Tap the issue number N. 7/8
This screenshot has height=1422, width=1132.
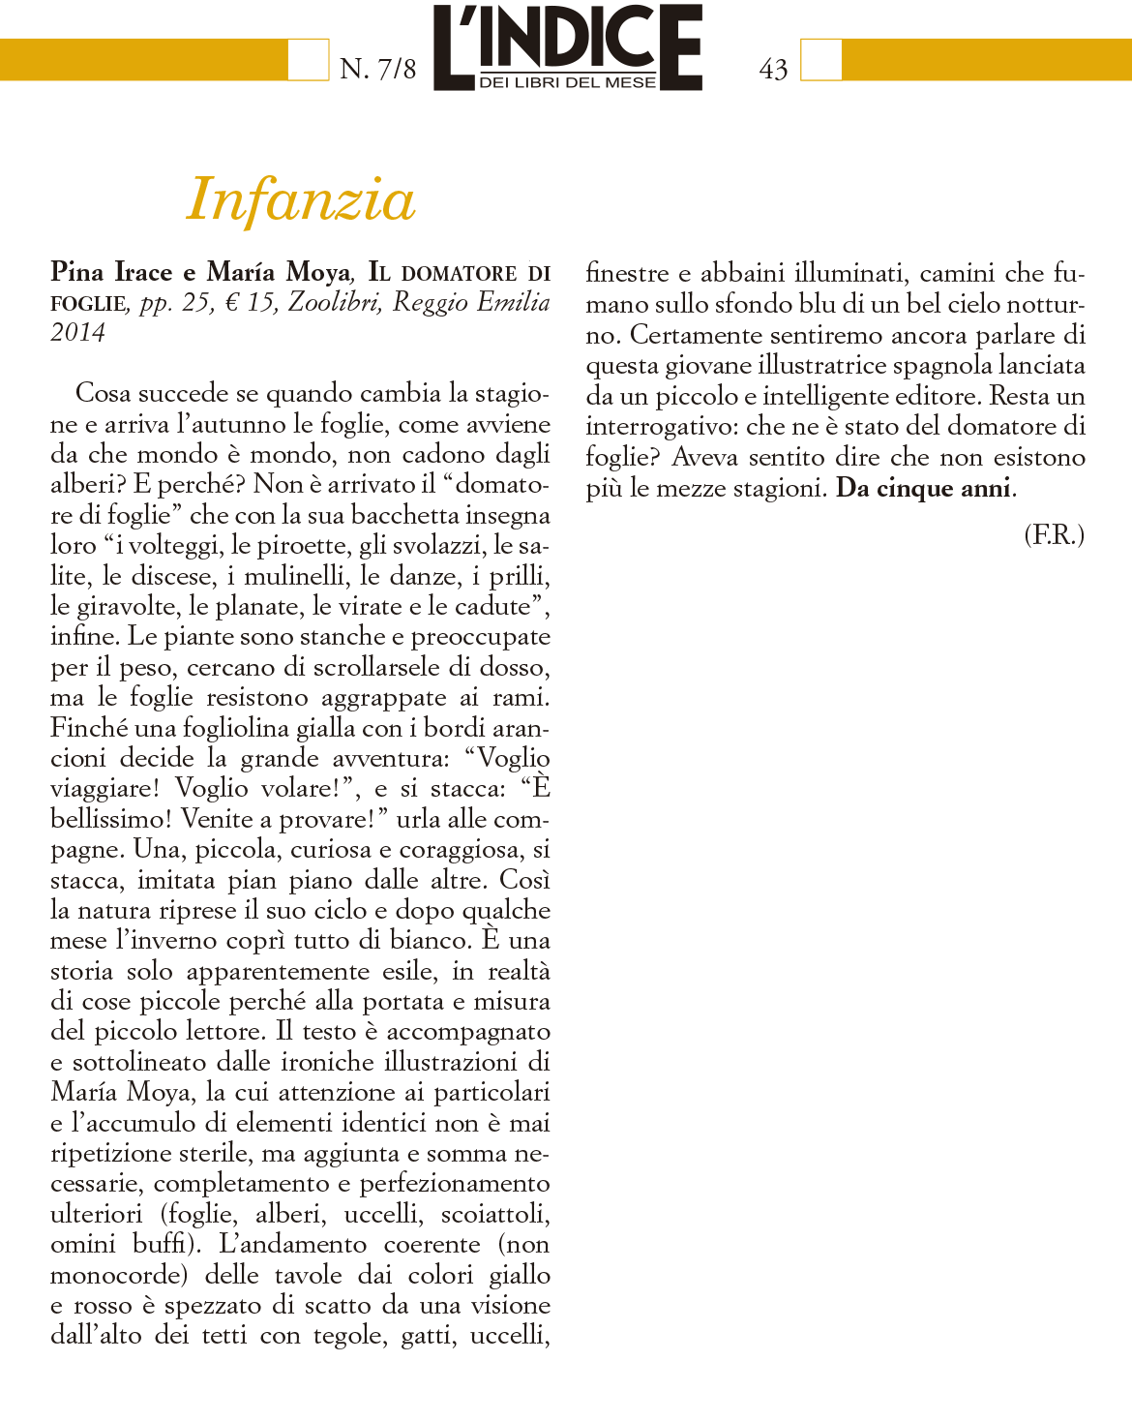[378, 69]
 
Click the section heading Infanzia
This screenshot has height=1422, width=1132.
[301, 199]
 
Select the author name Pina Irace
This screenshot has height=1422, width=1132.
[111, 272]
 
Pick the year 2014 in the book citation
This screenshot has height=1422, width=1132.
[77, 332]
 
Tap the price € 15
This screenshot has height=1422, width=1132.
[250, 302]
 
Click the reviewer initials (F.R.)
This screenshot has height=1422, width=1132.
[1054, 534]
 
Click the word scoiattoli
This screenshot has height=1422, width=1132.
[495, 1214]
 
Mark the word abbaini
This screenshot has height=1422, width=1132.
[742, 273]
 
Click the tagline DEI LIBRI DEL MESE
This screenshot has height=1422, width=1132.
[568, 83]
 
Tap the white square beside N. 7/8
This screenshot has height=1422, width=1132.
[309, 59]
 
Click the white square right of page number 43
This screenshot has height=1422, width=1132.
[820, 59]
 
